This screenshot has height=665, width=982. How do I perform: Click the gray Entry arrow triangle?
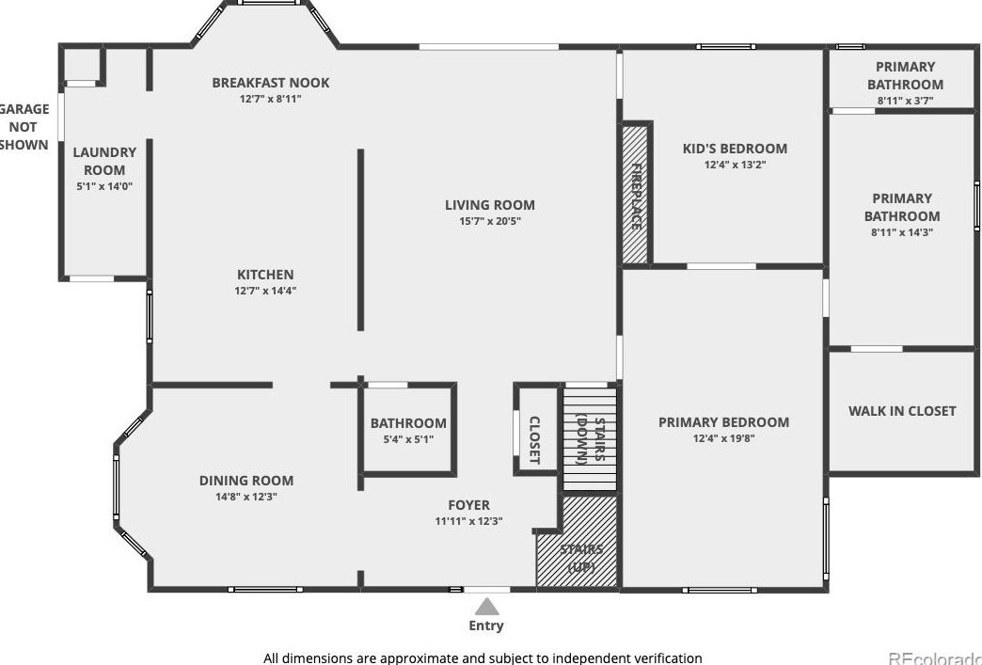pyautogui.click(x=486, y=606)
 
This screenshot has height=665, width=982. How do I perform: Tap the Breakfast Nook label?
pyautogui.click(x=270, y=83)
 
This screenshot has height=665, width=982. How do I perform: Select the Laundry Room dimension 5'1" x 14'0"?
pyautogui.click(x=104, y=186)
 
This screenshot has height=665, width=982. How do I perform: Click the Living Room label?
pyautogui.click(x=489, y=205)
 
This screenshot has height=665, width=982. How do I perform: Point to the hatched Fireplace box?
pyautogui.click(x=637, y=195)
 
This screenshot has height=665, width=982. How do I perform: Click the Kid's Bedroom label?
pyautogui.click(x=734, y=149)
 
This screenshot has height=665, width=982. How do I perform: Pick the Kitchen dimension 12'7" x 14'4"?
pyautogui.click(x=265, y=291)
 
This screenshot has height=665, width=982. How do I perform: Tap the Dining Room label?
pyautogui.click(x=245, y=481)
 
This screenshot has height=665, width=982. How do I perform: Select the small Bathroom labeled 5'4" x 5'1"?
pyautogui.click(x=407, y=431)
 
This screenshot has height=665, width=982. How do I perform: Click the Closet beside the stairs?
pyautogui.click(x=534, y=439)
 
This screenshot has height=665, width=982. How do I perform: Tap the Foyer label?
pyautogui.click(x=468, y=505)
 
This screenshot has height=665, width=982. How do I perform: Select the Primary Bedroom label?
pyautogui.click(x=723, y=422)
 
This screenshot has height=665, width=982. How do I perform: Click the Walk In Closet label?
pyautogui.click(x=901, y=411)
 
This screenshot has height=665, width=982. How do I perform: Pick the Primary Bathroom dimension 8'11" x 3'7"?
pyautogui.click(x=905, y=101)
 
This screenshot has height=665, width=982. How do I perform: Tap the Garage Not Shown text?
pyautogui.click(x=24, y=127)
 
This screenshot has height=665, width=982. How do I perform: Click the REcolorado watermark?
pyautogui.click(x=934, y=657)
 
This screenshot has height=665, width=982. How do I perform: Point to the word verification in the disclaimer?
pyautogui.click(x=662, y=658)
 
